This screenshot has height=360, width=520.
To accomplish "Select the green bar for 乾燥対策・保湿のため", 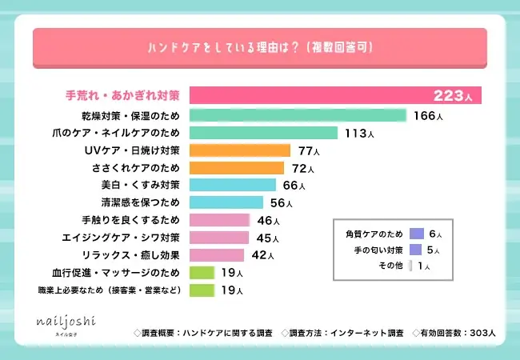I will point(298,115).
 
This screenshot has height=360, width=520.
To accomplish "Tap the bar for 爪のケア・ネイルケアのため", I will point(266,133).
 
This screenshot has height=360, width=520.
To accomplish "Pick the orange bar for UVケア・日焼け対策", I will point(239,150).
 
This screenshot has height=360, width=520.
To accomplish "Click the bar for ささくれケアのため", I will point(237,167).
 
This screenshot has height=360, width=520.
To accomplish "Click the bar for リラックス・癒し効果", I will point(216,255).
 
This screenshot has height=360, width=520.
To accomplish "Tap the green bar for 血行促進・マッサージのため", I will point(202,273).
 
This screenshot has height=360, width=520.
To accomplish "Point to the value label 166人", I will point(428,116).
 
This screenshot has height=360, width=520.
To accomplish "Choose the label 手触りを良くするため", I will point(131,220).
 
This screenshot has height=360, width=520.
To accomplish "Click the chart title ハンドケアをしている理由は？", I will point(259,47).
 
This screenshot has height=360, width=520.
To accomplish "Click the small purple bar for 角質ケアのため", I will point(416,234).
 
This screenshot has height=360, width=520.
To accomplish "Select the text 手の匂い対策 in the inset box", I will point(372,250).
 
